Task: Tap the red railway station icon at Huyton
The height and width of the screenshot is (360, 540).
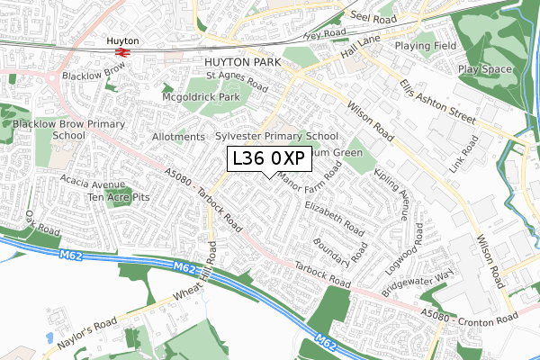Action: tap(123, 53)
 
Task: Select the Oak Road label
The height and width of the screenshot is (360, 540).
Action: tap(41, 220)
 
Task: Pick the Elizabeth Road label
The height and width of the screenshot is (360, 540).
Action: tap(334, 217)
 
